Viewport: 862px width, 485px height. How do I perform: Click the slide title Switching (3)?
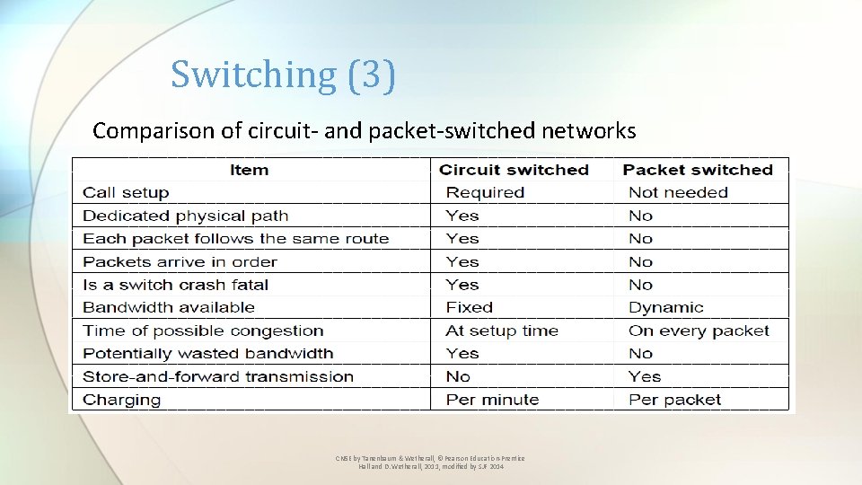coord(283,75)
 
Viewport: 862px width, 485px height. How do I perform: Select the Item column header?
coord(249,170)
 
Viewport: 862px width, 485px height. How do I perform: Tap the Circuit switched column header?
coord(514,170)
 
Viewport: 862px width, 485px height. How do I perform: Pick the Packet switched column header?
coord(698,170)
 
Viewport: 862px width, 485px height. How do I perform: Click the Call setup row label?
coord(126,192)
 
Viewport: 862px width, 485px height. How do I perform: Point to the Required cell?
coord(485,192)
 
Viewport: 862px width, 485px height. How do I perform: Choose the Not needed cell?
coord(678,192)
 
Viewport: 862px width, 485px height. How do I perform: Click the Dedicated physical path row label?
coord(186,216)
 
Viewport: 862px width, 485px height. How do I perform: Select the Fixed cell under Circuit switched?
coord(470,307)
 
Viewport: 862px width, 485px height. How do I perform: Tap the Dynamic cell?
coord(666,307)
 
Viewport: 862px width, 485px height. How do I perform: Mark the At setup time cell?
coord(502,331)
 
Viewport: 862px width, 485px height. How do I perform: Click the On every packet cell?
coord(699,331)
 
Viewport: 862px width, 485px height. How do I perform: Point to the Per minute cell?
coord(492,400)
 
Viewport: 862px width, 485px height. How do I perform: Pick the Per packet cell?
coord(674,400)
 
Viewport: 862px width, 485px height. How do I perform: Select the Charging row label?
coord(122,400)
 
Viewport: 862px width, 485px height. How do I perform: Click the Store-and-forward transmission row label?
coord(218,376)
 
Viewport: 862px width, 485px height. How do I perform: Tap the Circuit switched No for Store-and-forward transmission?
coord(458,376)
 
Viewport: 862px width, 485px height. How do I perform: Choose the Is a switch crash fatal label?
coord(176,285)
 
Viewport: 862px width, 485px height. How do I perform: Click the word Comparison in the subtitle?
coord(154,131)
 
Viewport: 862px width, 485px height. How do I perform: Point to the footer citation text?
coord(430,463)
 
